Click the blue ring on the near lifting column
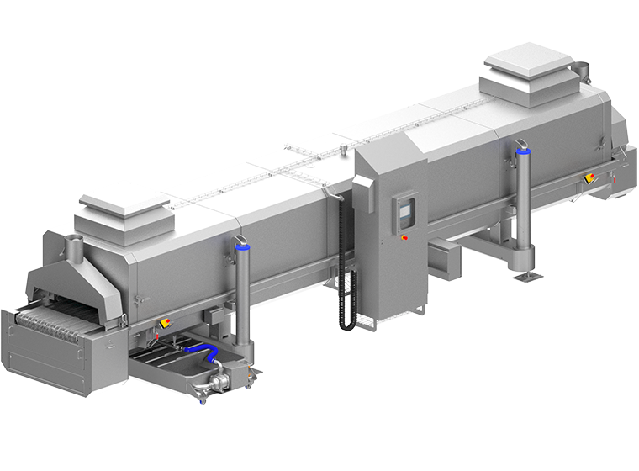(x=242, y=247)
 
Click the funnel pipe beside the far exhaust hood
(x=581, y=69)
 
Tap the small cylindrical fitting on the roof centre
(x=343, y=151)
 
